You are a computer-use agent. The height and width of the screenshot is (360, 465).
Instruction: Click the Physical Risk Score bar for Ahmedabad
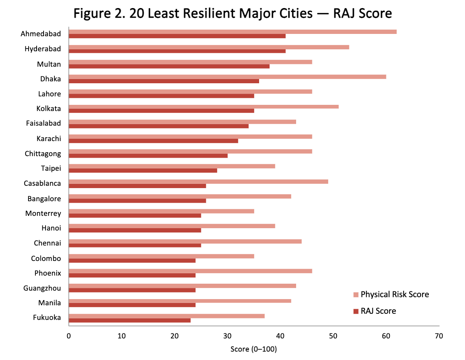(x=232, y=32)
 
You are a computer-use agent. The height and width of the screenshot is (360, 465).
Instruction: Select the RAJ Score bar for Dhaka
(x=164, y=81)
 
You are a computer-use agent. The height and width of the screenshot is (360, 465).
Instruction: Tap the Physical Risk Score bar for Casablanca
(x=198, y=182)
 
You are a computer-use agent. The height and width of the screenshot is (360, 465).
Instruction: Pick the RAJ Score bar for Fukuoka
(x=130, y=320)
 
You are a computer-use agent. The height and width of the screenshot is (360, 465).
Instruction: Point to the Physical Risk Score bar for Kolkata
(x=204, y=106)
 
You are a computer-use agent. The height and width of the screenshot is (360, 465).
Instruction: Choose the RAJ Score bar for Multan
(x=169, y=66)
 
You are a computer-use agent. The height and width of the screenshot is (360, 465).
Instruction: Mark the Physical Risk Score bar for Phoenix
(x=190, y=271)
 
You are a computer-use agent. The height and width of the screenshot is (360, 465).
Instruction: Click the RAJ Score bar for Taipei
(x=143, y=170)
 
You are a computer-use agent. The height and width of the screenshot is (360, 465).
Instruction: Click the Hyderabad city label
(x=43, y=49)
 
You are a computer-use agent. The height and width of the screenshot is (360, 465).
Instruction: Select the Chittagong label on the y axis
(x=43, y=154)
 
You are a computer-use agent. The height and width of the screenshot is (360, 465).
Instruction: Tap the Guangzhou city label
(x=42, y=288)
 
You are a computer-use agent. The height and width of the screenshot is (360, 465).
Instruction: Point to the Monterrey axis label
(x=43, y=214)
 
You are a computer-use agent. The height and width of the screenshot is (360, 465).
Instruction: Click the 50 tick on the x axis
(x=333, y=336)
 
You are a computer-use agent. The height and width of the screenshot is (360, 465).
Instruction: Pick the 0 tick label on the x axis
(x=69, y=336)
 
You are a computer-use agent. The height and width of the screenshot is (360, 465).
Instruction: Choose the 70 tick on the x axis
(x=439, y=336)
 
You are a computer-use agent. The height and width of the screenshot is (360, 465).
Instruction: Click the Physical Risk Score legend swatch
(x=355, y=294)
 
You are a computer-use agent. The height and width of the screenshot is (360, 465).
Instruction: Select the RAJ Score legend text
(x=378, y=311)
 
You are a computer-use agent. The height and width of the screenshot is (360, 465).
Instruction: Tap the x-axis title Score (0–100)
(x=254, y=349)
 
